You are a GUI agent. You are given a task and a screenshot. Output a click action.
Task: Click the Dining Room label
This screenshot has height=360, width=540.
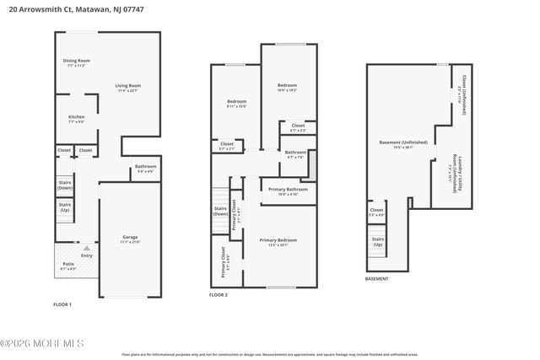(x=76, y=62)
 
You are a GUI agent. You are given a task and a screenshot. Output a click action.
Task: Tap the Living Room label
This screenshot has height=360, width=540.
(x=127, y=87)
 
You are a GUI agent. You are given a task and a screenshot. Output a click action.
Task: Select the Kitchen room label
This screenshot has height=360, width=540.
(x=76, y=119)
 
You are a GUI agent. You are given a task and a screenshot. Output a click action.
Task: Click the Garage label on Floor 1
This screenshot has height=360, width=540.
(x=129, y=239)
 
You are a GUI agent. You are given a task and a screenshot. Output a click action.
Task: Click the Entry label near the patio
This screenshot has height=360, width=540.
(x=87, y=256)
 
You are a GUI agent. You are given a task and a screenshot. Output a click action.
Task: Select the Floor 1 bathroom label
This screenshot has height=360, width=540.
(x=145, y=168)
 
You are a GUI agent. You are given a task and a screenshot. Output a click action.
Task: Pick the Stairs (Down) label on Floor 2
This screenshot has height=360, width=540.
(x=220, y=211)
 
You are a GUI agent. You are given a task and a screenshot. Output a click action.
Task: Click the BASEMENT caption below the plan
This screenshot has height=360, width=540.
(x=376, y=279)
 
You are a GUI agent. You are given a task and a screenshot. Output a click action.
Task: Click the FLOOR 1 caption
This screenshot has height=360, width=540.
(x=62, y=304)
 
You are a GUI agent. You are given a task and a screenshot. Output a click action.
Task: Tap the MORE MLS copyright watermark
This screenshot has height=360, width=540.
(x=42, y=342)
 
